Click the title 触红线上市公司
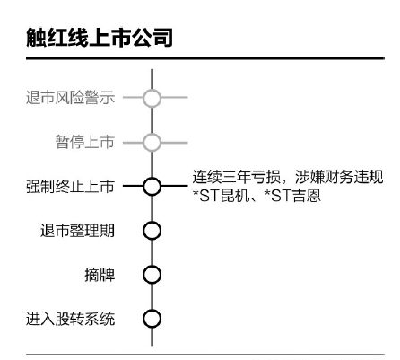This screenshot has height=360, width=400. coord(100,38)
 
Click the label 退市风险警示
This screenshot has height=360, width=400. coord(70,97)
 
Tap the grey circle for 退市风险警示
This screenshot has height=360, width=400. coord(152,98)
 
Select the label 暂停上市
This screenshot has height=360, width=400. coord(85,142)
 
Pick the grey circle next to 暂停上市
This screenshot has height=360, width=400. coord(152,142)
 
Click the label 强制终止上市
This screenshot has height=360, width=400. coord(70,186)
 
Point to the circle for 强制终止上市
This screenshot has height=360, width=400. coord(152,186)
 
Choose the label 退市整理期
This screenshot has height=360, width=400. coord(77,231)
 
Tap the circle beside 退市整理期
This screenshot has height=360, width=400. coord(152,231)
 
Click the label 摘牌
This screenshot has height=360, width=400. coord(100,275)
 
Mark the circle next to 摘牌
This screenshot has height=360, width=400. coord(152,275)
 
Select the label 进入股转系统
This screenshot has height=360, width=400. coord(70,319)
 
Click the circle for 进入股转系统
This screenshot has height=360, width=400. coord(152,319)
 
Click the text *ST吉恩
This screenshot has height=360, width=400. coord(292,196)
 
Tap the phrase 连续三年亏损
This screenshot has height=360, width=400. coord(237,177)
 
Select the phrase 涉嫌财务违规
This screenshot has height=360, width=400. coord(339,177)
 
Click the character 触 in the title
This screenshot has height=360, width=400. coord(36,38)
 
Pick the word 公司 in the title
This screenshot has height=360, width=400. coord(152,38)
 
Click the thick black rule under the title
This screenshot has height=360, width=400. coord(205,58)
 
